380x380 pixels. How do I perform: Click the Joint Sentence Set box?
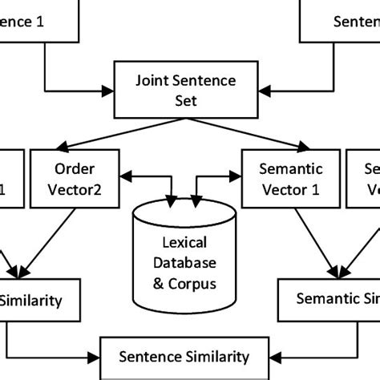(x=191, y=91)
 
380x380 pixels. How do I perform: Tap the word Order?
(x=75, y=169)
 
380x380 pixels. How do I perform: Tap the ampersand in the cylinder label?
(x=165, y=284)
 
